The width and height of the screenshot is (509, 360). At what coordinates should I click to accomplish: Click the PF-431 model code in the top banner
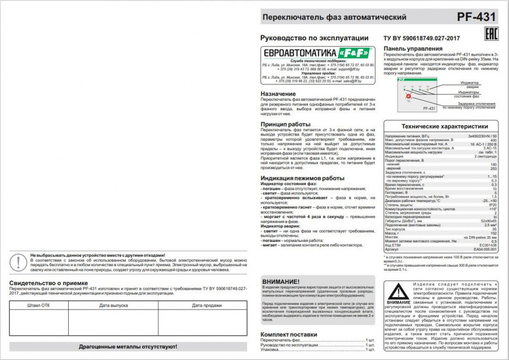coord(476,17)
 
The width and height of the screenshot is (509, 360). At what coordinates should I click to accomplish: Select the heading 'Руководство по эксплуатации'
coord(307,38)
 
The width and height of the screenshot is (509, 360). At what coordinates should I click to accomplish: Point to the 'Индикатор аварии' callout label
coord(469,84)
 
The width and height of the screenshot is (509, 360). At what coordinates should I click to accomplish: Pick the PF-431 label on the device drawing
coord(428,108)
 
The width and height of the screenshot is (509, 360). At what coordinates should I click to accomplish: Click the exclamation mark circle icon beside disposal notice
coord(19,261)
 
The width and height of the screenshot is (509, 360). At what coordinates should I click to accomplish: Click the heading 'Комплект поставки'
coord(289,334)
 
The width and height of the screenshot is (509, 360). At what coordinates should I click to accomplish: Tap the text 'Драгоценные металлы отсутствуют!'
coord(128,347)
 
